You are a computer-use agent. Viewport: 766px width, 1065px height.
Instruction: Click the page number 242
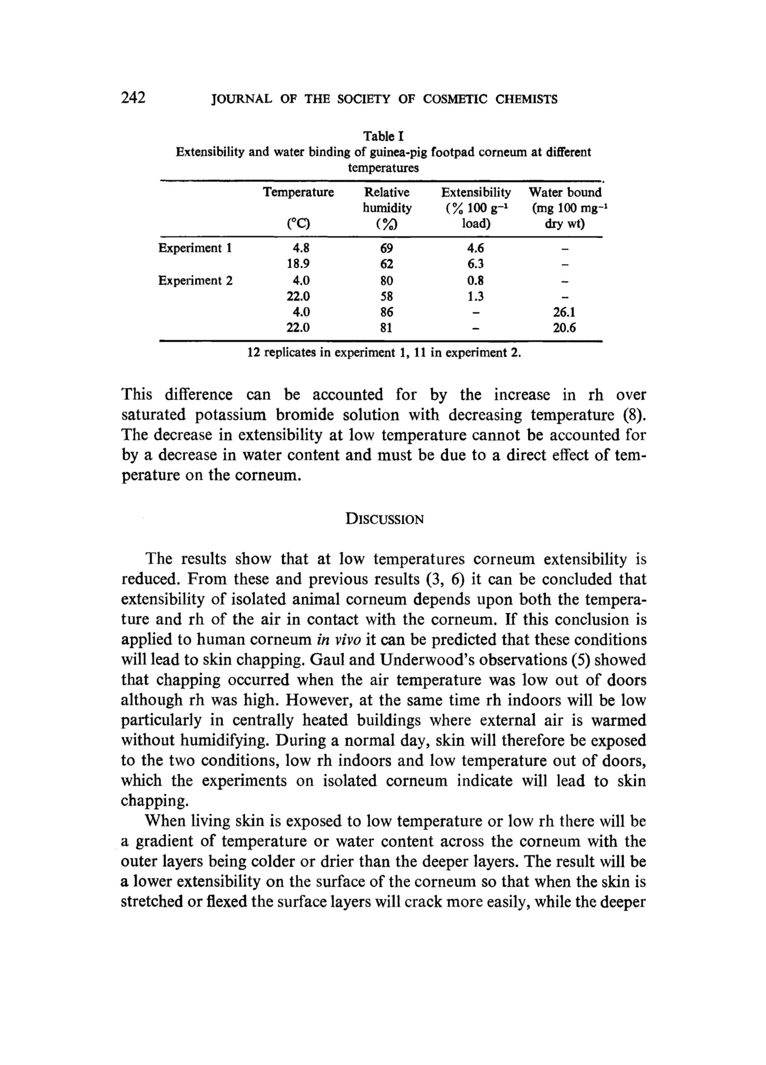pyautogui.click(x=134, y=98)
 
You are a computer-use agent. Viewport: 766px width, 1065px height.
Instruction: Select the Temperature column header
pyautogui.click(x=299, y=192)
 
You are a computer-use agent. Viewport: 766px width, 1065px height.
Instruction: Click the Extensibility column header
pyautogui.click(x=476, y=192)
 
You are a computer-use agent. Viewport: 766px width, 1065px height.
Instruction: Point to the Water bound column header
pyautogui.click(x=565, y=192)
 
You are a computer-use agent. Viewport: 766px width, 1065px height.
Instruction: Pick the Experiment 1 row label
pyautogui.click(x=195, y=248)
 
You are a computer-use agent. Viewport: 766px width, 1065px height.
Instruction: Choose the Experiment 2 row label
pyautogui.click(x=195, y=280)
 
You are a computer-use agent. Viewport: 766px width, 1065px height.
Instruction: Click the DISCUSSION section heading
pyautogui.click(x=385, y=519)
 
